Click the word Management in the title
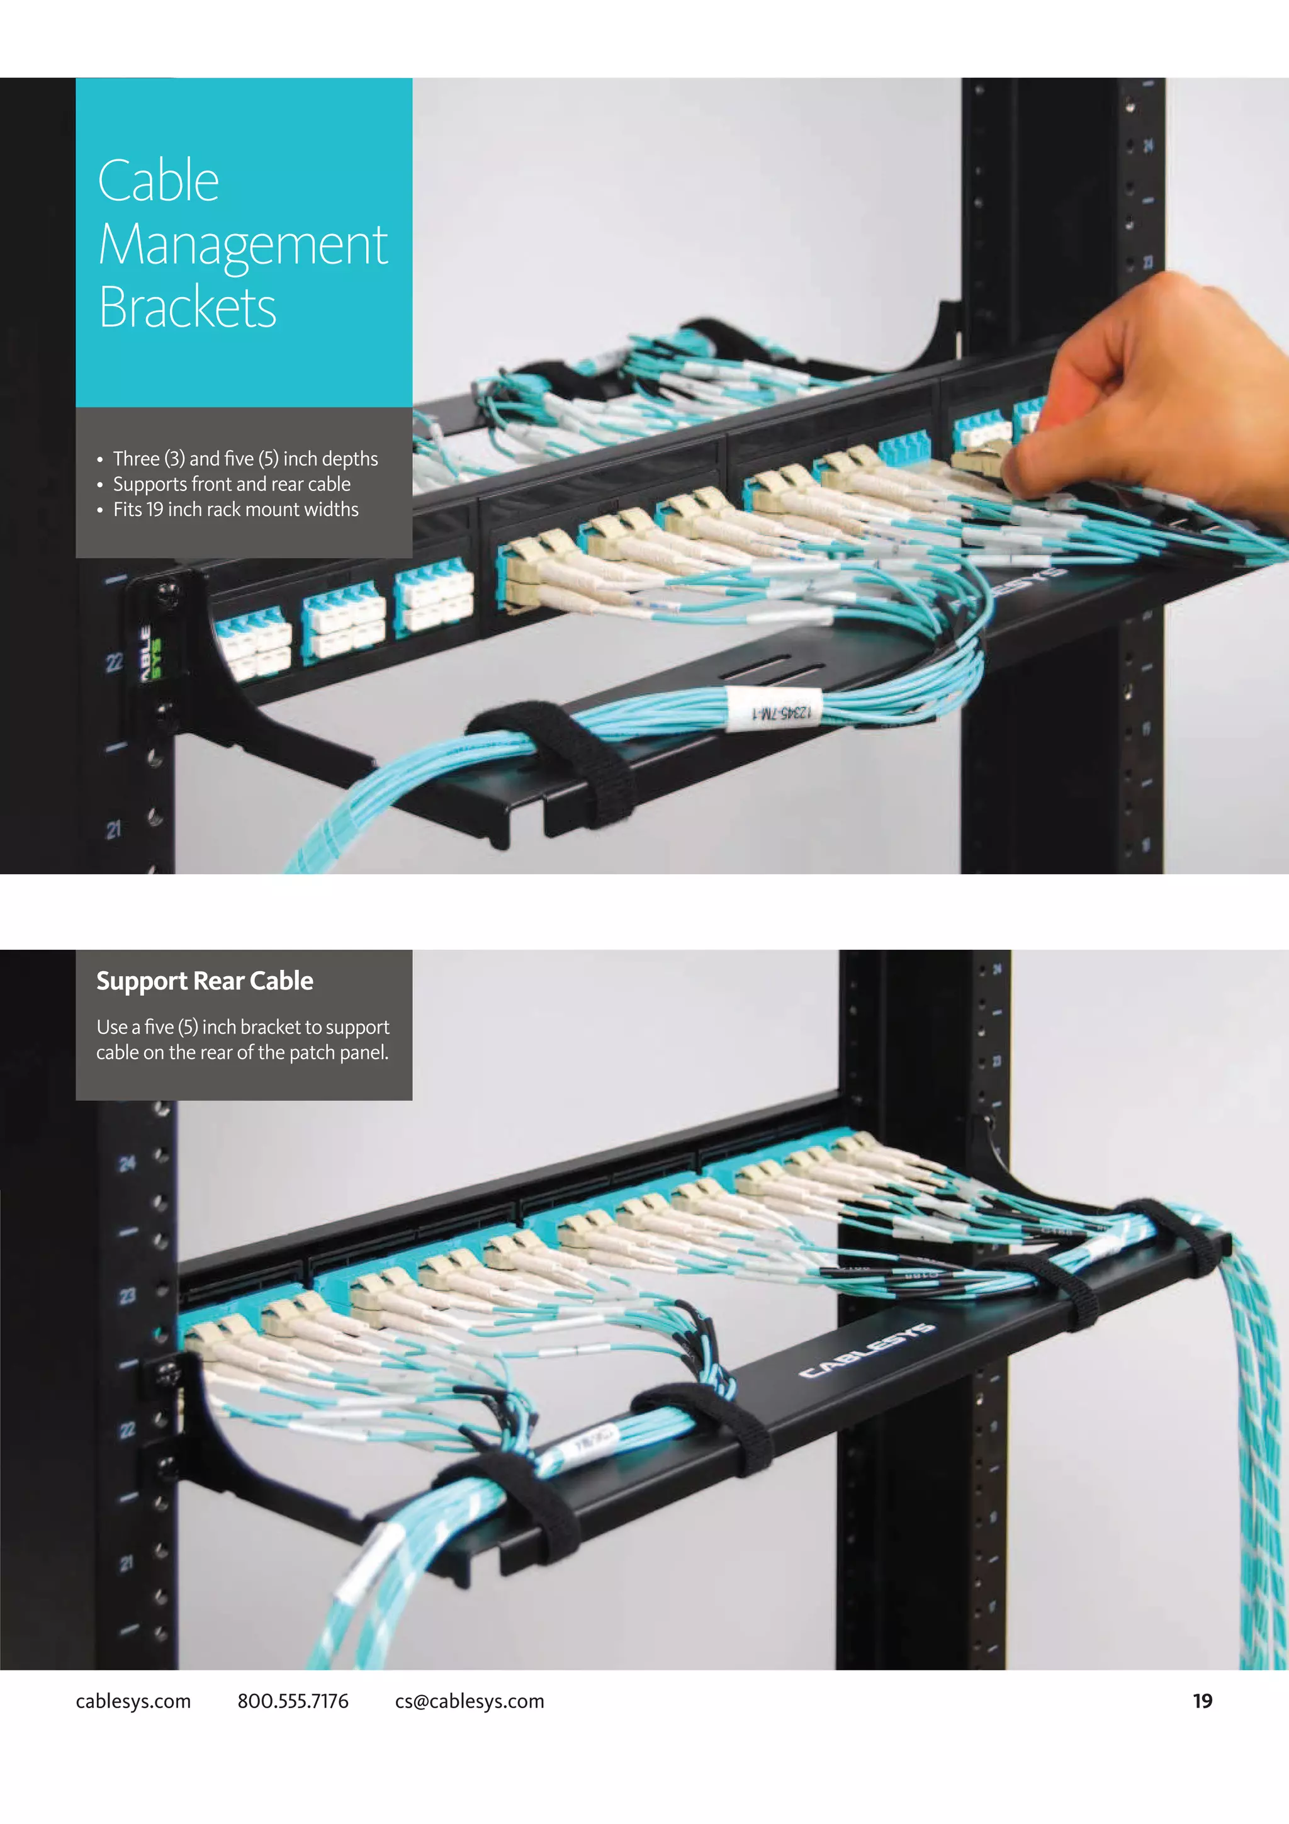(x=242, y=245)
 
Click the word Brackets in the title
(x=188, y=307)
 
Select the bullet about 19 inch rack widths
(x=235, y=509)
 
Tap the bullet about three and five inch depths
(x=245, y=458)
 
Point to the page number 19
(x=1202, y=1701)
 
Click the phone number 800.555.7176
(x=292, y=1701)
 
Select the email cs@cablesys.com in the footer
(x=470, y=1701)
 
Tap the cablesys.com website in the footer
(x=133, y=1701)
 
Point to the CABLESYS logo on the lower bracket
(x=865, y=1351)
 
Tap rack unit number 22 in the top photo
(x=115, y=661)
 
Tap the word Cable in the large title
(x=158, y=181)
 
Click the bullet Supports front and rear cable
(x=231, y=484)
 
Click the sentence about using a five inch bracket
(x=242, y=1039)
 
